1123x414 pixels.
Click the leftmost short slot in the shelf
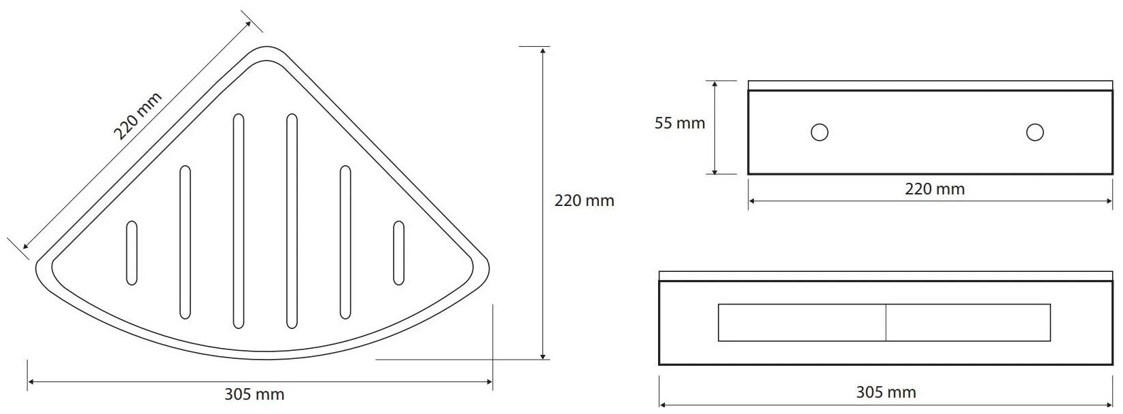[132, 253]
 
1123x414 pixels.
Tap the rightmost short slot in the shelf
[398, 253]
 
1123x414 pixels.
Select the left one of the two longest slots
[239, 222]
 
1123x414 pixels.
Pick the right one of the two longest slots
[292, 222]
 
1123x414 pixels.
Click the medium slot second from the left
[185, 242]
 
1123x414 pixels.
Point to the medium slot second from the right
[345, 242]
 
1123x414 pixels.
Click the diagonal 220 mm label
[137, 116]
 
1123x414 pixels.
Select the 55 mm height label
[680, 123]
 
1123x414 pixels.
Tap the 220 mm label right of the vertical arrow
[584, 201]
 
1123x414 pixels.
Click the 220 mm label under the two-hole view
[935, 189]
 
